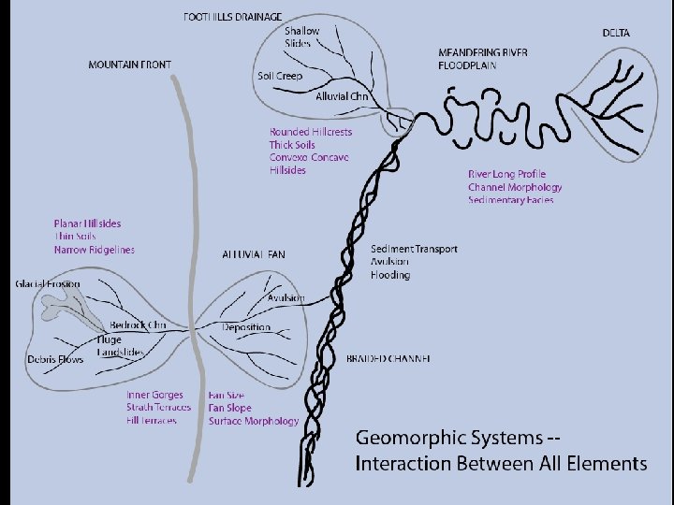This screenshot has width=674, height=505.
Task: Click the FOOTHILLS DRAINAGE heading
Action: (233, 18)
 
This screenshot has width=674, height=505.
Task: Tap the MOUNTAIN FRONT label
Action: (130, 65)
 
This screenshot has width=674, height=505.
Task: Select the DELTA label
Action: (616, 34)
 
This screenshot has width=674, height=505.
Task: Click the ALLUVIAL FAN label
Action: (254, 254)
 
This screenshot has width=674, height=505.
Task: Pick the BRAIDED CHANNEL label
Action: (388, 359)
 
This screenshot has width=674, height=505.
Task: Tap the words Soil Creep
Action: (279, 76)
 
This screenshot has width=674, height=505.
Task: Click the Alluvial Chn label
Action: (343, 96)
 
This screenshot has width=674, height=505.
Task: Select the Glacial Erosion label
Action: (48, 283)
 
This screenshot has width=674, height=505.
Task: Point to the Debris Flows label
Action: (54, 359)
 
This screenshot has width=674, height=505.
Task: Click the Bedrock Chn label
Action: (138, 325)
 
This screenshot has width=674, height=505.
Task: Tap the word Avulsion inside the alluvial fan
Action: (286, 297)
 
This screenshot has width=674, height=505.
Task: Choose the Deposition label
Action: (246, 327)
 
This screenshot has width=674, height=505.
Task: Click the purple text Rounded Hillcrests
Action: (311, 133)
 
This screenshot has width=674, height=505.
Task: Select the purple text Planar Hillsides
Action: (87, 224)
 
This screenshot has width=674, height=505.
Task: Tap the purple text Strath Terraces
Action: (158, 408)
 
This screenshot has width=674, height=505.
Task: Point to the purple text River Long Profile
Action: (506, 174)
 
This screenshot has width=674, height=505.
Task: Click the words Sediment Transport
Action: (414, 249)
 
